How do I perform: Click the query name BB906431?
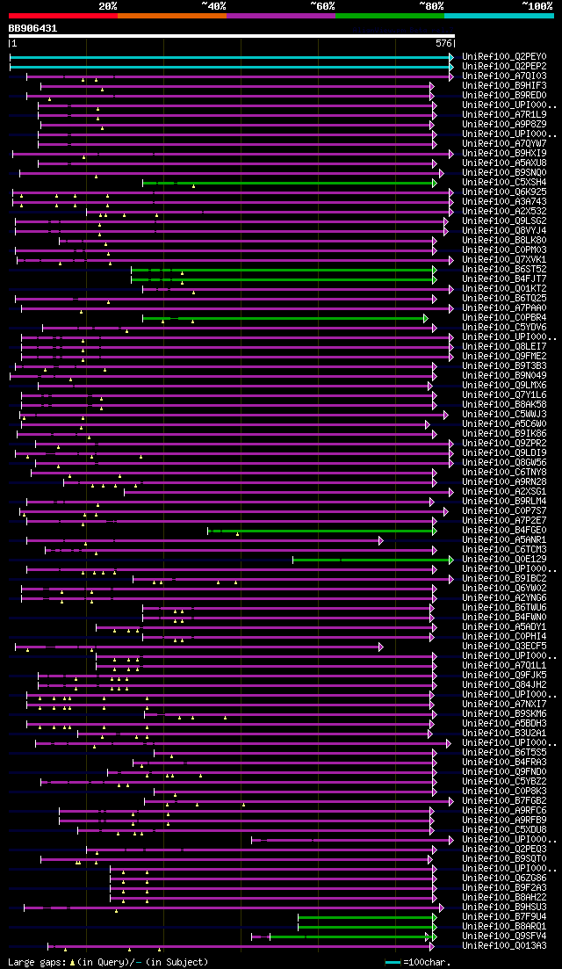tap(32, 28)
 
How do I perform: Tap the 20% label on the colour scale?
tap(107, 5)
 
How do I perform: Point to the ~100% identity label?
tap(537, 5)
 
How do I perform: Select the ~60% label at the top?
tap(321, 5)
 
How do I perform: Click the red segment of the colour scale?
tap(61, 15)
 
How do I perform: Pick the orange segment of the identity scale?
tap(171, 15)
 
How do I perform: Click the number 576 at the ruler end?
tap(443, 43)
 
